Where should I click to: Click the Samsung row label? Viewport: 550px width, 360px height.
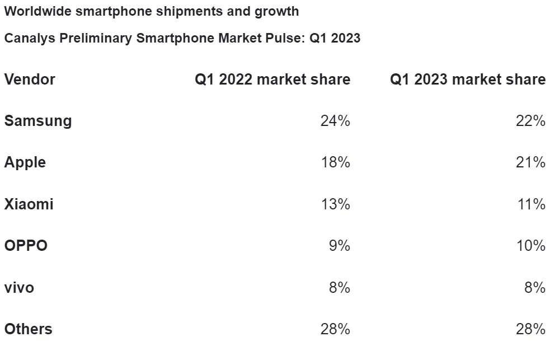click(38, 121)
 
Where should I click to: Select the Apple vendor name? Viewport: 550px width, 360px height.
click(25, 162)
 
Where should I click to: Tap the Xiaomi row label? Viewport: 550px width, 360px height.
click(29, 204)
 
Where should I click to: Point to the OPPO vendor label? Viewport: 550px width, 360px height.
click(26, 246)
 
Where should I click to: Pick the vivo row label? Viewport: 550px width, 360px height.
click(19, 288)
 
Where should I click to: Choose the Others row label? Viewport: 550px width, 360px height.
click(29, 329)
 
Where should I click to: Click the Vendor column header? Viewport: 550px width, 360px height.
click(30, 80)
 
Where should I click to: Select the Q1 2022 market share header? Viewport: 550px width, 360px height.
click(272, 80)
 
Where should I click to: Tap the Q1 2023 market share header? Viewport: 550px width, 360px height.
click(468, 80)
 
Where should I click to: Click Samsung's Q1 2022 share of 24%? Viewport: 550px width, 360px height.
click(335, 121)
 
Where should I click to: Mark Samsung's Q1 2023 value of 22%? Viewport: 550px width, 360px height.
click(530, 121)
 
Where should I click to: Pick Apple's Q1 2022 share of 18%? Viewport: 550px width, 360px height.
click(335, 162)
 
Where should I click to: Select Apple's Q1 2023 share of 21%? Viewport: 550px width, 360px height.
click(530, 162)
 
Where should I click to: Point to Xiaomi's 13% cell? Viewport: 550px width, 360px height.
click(335, 204)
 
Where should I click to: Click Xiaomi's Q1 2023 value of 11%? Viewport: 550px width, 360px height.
click(531, 204)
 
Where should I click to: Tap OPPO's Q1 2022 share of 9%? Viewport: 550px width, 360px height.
click(339, 246)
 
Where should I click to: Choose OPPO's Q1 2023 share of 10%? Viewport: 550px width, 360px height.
click(530, 246)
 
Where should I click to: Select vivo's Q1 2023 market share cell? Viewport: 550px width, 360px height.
click(534, 288)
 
